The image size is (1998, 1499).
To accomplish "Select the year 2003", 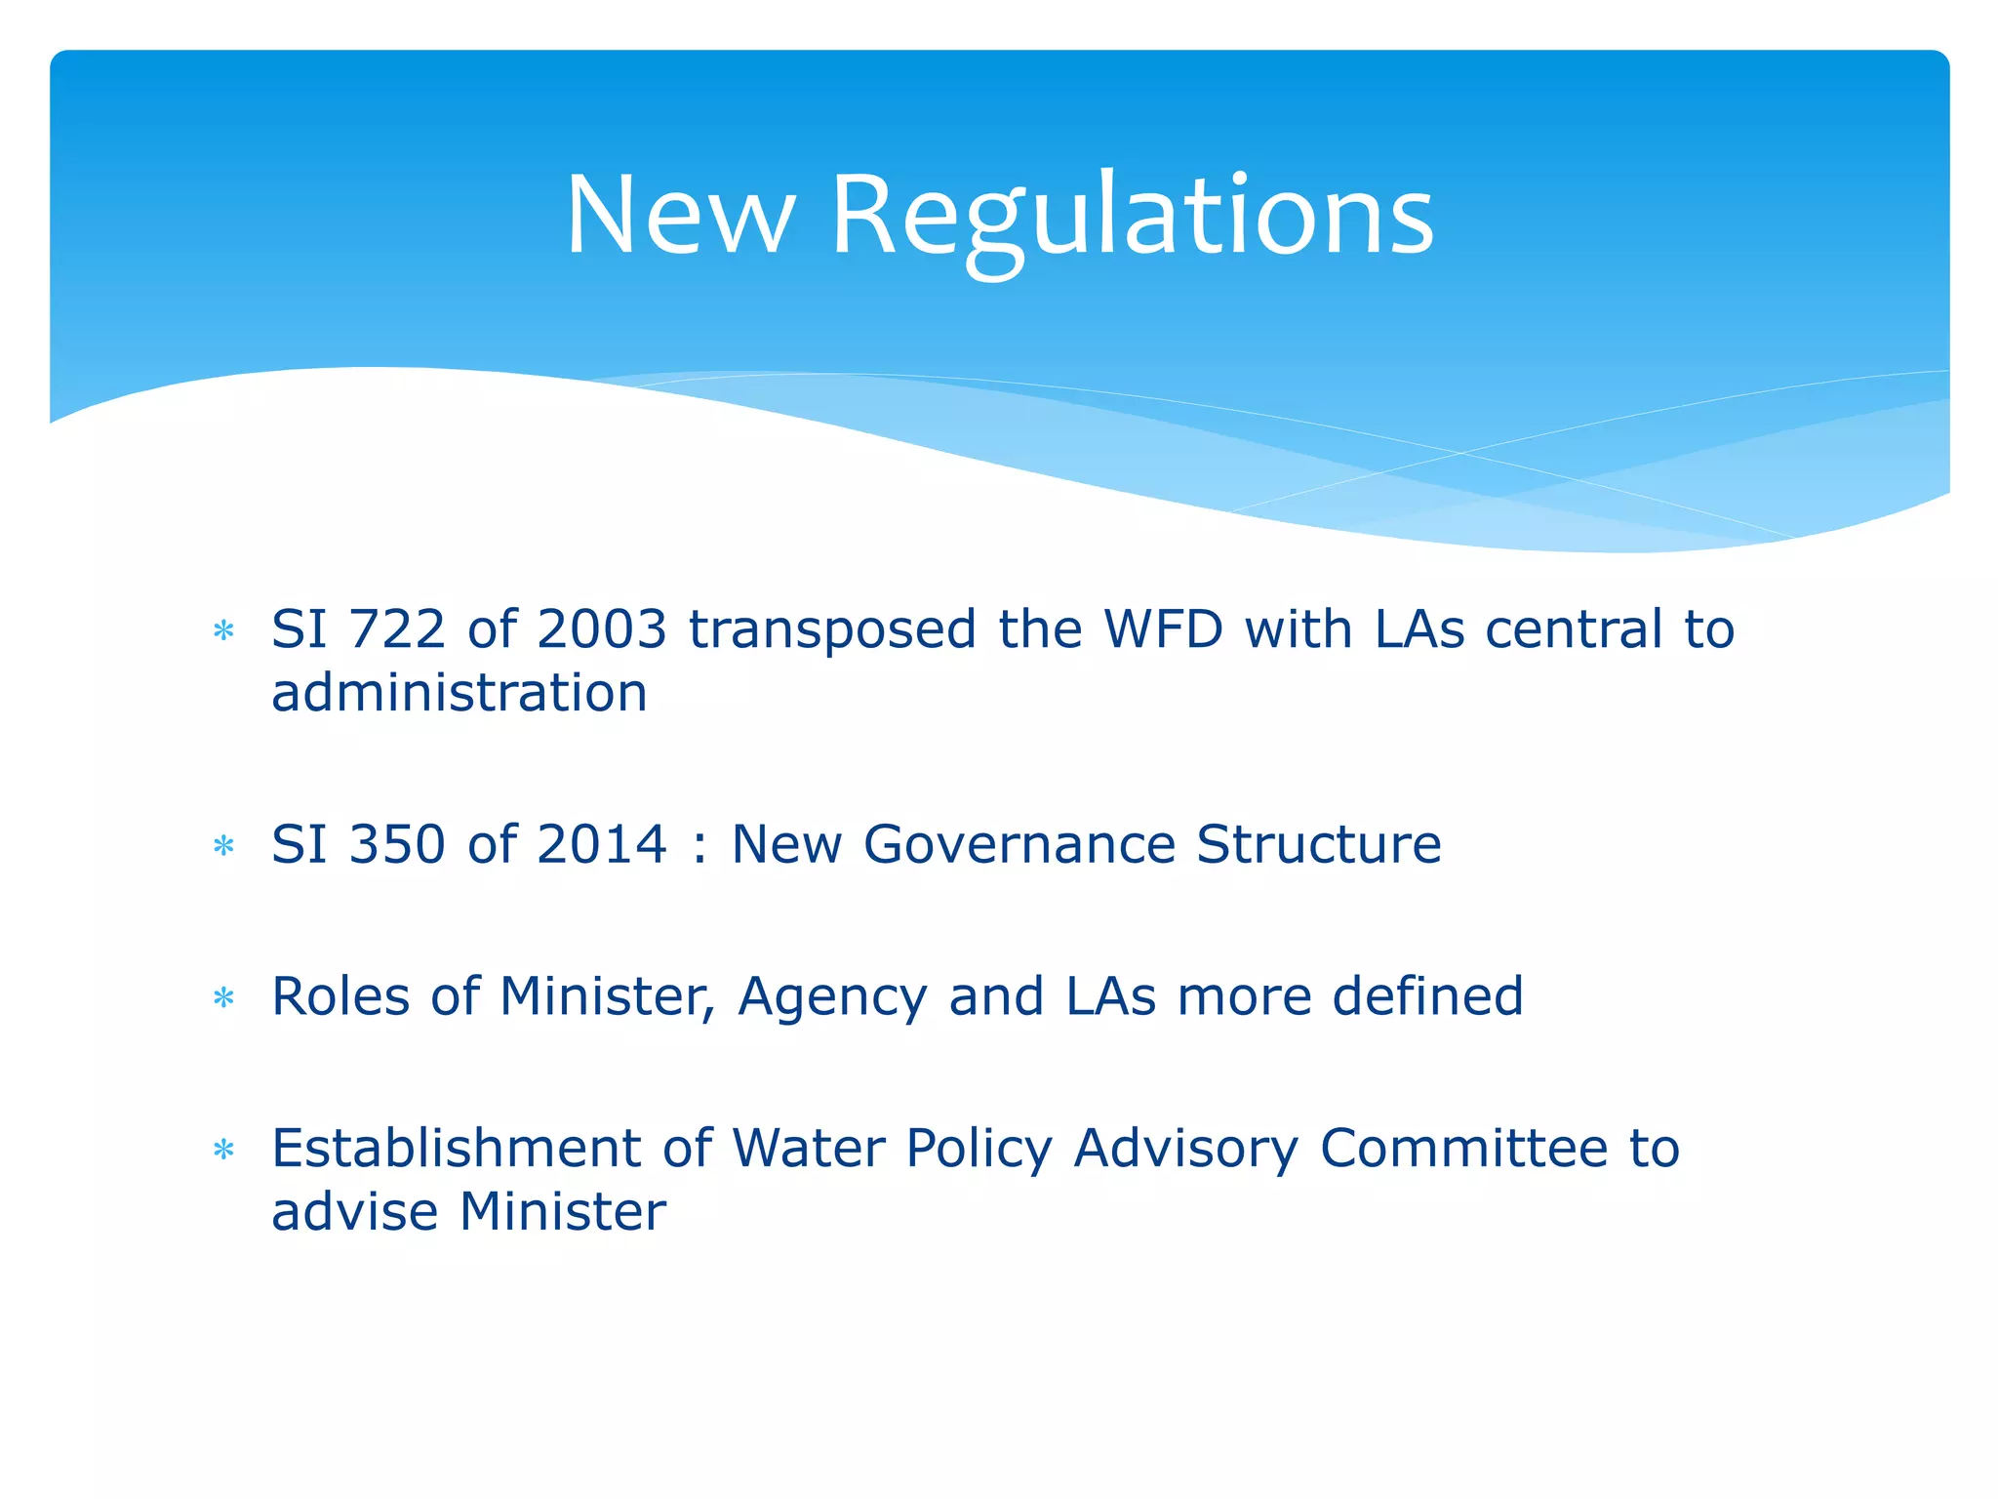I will point(602,628).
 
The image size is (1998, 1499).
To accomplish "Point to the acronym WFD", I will point(1163,628).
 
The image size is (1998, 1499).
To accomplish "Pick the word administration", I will point(460,693).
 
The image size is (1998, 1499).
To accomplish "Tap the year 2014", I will point(602,844).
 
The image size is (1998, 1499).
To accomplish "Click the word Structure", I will point(1318,844).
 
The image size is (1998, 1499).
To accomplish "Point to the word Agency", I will point(832,997).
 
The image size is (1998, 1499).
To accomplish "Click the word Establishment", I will point(457,1148).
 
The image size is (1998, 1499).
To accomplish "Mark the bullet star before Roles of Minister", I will point(224,997).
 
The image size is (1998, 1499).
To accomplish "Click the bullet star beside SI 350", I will point(224,845).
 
